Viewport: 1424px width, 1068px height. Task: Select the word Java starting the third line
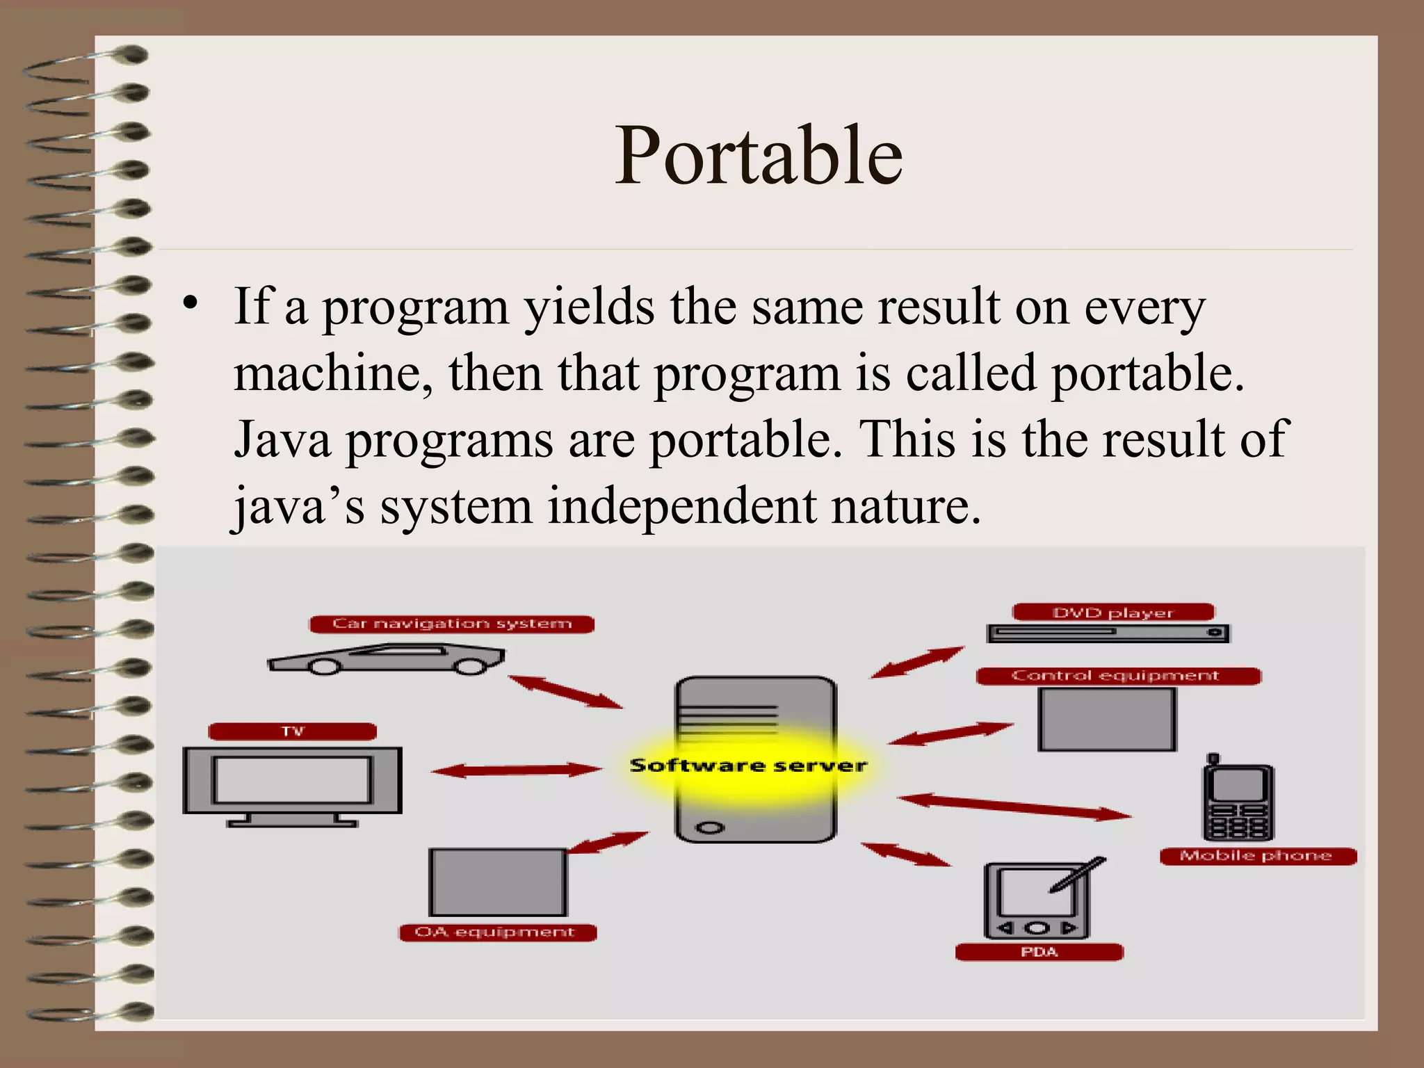pyautogui.click(x=282, y=439)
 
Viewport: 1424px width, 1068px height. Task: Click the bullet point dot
pyautogui.click(x=190, y=304)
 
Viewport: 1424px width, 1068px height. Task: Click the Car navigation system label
pyautogui.click(x=452, y=624)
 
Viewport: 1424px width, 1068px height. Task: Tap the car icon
pyautogui.click(x=387, y=659)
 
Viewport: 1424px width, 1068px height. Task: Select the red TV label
pyautogui.click(x=293, y=731)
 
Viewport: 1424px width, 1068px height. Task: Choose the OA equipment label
pyautogui.click(x=496, y=932)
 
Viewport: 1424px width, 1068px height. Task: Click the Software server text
pyautogui.click(x=748, y=766)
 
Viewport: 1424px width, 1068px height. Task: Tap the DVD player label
pyautogui.click(x=1112, y=613)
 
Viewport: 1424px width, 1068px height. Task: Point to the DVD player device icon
pyautogui.click(x=1108, y=633)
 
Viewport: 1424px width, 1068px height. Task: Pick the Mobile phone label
pyautogui.click(x=1257, y=856)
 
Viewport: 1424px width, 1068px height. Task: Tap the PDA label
pyautogui.click(x=1039, y=952)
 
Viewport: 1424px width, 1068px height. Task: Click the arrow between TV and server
pyautogui.click(x=516, y=770)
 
